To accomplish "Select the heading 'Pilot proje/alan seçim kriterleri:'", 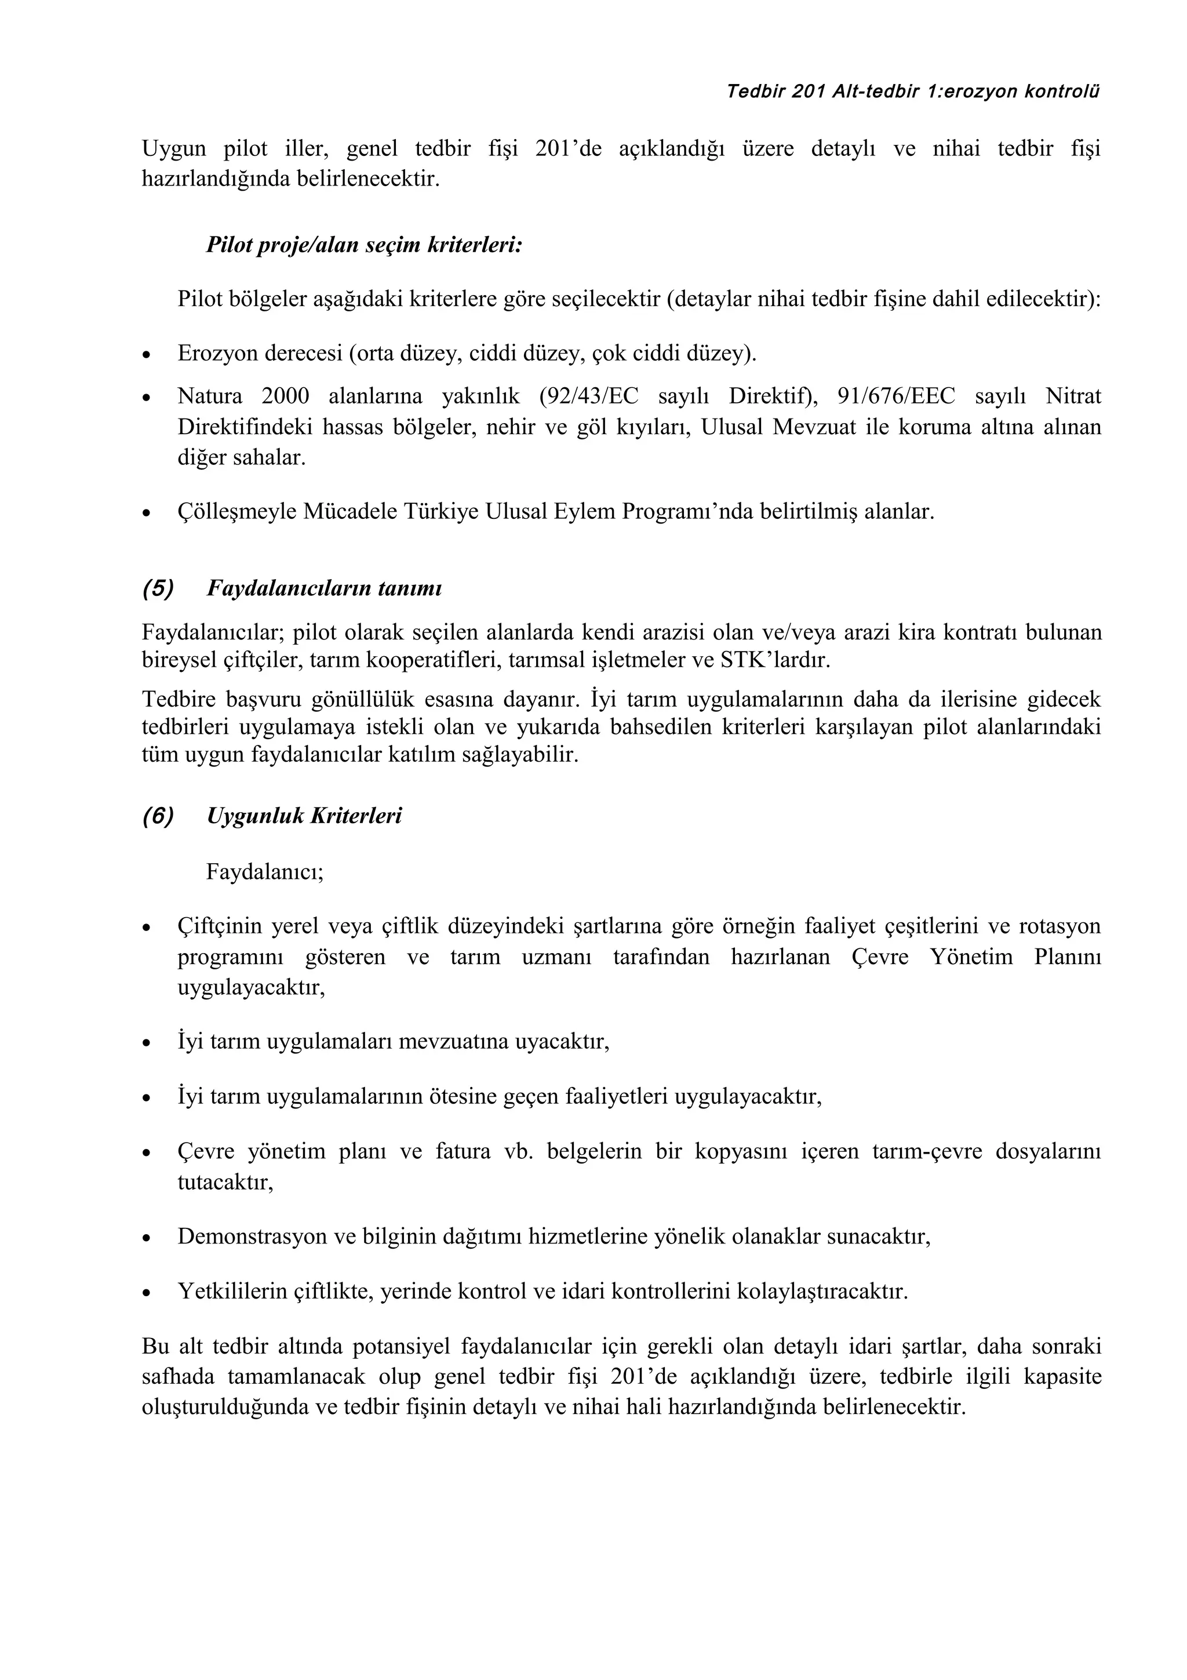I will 363,245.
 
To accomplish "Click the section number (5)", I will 158,588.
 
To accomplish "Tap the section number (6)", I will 158,816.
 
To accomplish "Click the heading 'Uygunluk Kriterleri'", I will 304,816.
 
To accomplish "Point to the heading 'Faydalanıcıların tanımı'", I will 324,588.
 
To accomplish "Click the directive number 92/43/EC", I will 589,397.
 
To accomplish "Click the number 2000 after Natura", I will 285,397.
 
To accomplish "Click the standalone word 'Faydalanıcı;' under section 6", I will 265,871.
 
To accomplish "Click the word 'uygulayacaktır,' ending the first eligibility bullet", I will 251,988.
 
